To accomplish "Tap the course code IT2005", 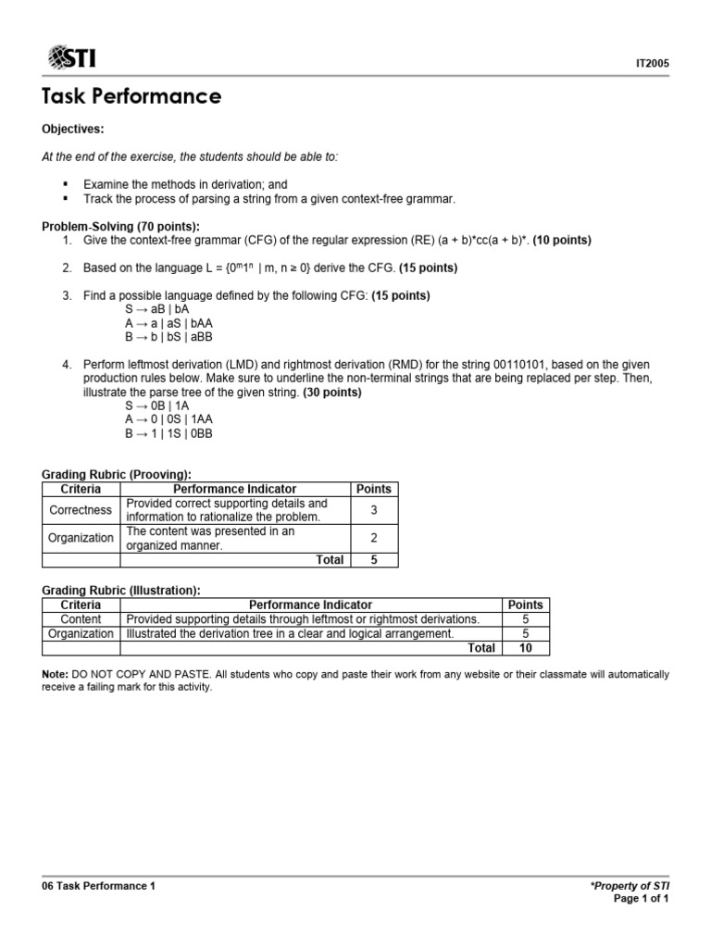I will coord(650,64).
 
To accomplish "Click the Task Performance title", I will coord(131,96).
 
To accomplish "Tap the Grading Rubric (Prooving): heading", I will coord(117,475).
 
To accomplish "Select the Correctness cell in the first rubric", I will coord(81,509).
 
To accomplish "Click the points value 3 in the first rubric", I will coord(374,509).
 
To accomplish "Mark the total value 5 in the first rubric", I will coord(374,559).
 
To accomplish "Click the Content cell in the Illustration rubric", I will coord(81,618).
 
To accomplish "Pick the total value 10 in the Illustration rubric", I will coord(525,648).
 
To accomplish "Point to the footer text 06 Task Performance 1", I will coord(99,886).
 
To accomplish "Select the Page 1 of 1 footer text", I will coord(641,899).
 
